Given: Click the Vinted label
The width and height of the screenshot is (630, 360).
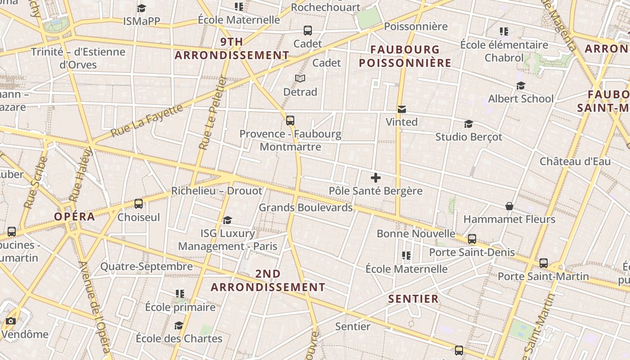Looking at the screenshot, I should (x=401, y=122).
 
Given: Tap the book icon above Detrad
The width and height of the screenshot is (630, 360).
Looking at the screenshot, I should (x=300, y=79).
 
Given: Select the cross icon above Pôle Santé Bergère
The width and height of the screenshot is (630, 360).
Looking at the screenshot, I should (x=375, y=178).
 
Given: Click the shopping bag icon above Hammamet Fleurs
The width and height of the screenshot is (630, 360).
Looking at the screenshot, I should (x=509, y=206).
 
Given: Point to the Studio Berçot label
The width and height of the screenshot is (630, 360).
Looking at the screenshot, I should (x=468, y=137).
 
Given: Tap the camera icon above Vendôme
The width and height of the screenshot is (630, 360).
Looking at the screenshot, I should (x=11, y=321).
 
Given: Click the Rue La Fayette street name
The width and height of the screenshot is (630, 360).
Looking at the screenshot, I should (x=147, y=120).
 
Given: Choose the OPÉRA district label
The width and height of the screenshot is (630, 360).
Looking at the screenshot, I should (x=75, y=216).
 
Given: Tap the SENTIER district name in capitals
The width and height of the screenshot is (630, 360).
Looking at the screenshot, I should (x=413, y=299).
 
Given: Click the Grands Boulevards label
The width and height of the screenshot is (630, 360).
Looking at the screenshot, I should (x=306, y=207).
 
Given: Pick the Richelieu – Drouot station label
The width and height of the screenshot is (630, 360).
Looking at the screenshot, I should (x=216, y=191).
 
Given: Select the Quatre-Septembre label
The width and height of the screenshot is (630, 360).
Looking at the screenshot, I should (x=146, y=266).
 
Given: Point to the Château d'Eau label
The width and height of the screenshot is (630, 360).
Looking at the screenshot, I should (x=575, y=161).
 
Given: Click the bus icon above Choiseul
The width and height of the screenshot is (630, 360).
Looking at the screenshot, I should (x=139, y=204).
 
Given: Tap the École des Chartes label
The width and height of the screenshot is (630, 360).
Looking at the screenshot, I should (x=179, y=338).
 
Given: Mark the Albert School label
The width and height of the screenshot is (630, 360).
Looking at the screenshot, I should (x=521, y=99).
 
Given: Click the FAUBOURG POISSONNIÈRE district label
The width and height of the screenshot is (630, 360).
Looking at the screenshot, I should (x=405, y=56).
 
